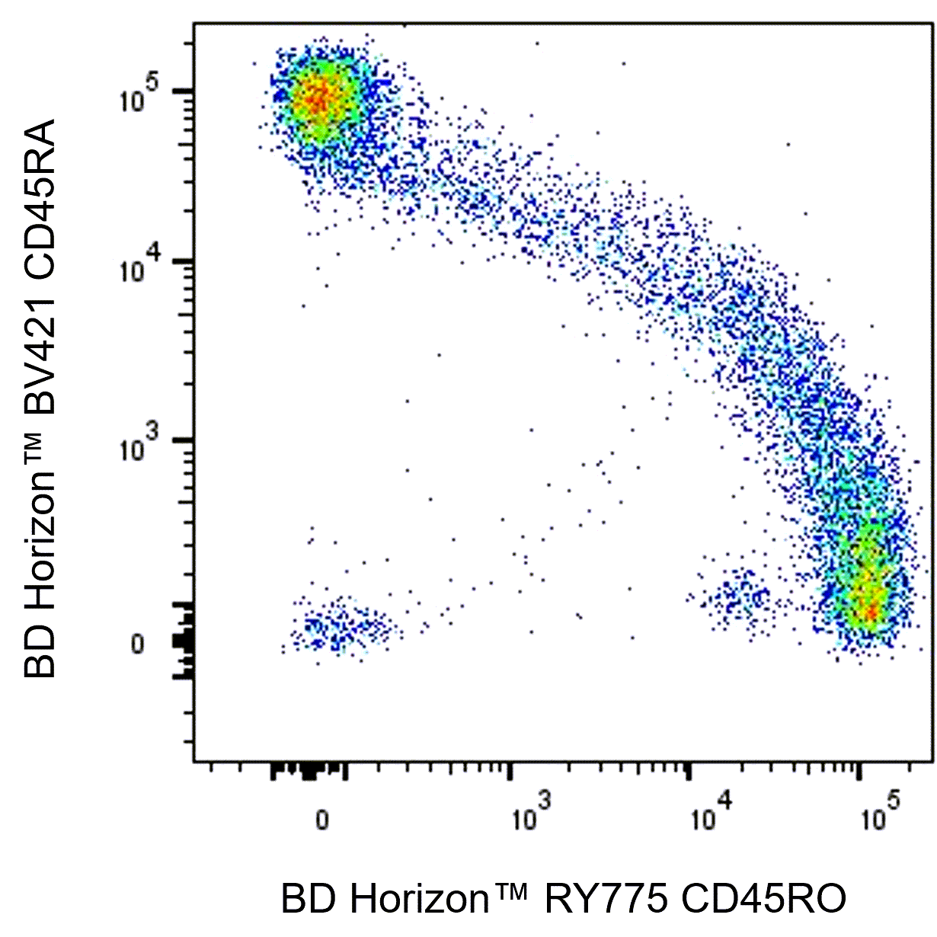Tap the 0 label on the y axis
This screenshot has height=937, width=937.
click(137, 644)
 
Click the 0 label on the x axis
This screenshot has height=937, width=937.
click(322, 820)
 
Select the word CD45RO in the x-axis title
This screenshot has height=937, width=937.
click(763, 900)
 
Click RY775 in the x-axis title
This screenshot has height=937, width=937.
click(606, 900)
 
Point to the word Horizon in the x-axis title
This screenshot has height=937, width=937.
click(420, 900)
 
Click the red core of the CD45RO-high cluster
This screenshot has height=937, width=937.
click(868, 606)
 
